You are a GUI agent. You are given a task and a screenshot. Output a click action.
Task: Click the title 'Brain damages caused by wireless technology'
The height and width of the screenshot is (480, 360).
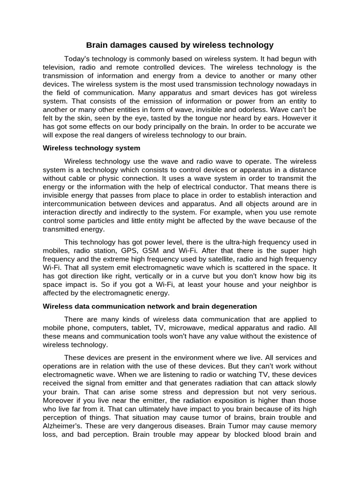click(180, 45)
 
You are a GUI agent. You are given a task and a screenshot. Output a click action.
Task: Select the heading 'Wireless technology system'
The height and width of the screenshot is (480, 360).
click(91, 148)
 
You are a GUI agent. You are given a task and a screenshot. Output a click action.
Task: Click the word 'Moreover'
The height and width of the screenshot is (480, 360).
click(59, 400)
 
